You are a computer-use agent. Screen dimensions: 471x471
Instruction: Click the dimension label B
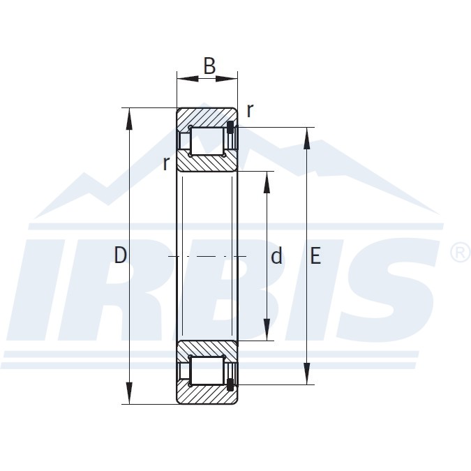209,66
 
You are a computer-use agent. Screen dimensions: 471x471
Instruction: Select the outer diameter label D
120,256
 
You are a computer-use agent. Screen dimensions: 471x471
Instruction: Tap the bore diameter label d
276,257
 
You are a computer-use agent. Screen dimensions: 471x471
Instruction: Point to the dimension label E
315,256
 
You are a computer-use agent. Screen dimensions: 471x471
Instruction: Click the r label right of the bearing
250,110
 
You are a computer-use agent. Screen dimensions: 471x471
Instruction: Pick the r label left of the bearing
165,163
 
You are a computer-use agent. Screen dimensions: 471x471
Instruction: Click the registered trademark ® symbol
461,253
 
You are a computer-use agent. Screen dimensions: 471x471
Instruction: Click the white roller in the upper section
207,141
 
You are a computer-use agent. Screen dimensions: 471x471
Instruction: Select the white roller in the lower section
207,371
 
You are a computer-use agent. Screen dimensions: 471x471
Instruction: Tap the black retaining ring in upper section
230,127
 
